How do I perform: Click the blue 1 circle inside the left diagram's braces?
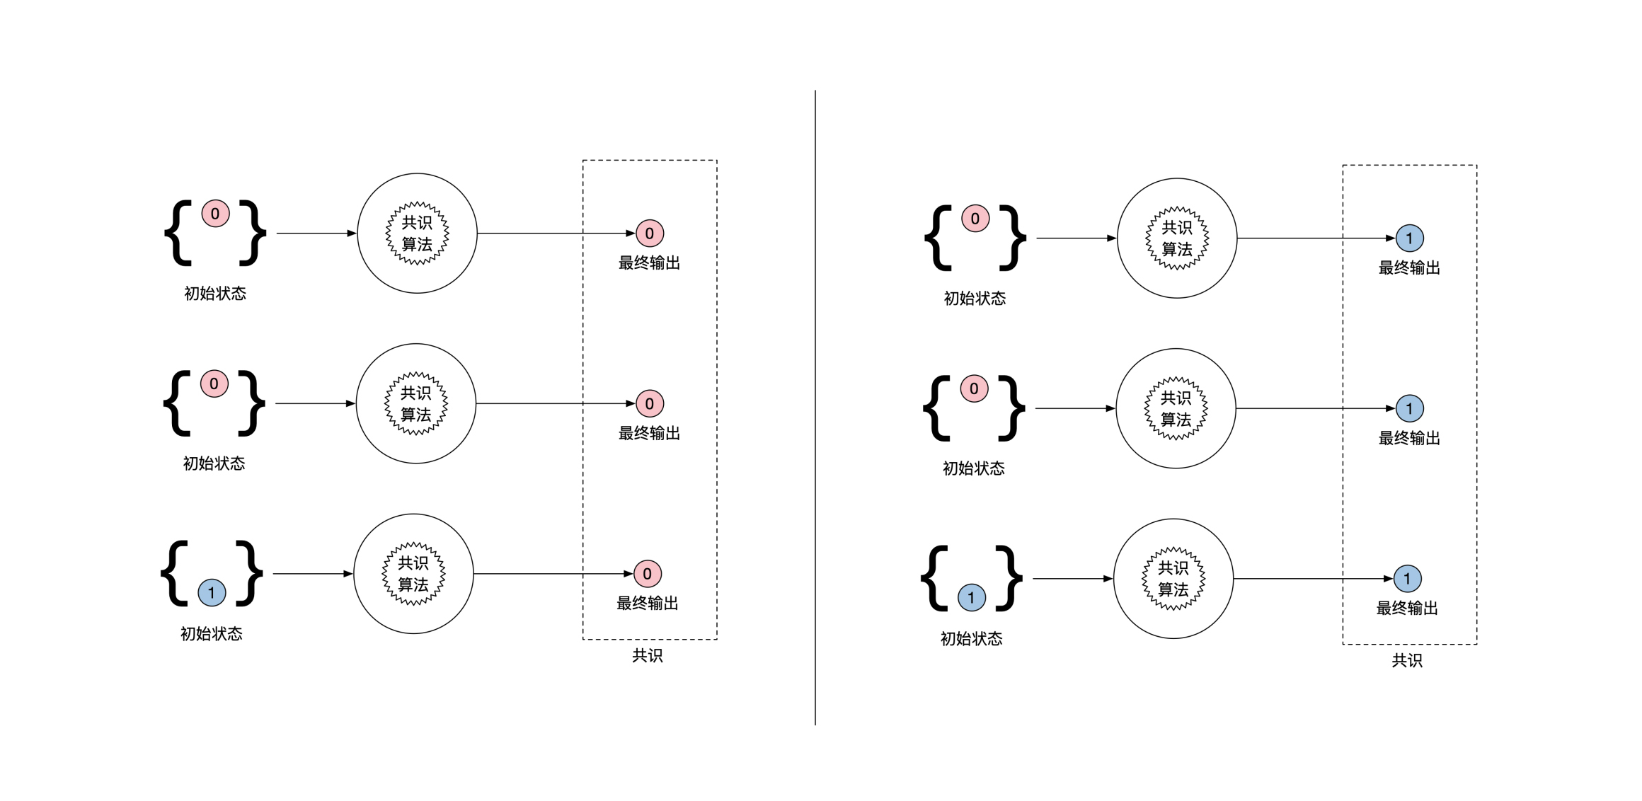(x=212, y=593)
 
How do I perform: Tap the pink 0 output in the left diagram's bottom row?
(x=647, y=574)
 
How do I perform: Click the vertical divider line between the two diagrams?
(x=815, y=407)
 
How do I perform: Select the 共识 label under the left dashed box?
(x=647, y=656)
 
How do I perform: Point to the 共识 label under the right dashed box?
(x=1407, y=661)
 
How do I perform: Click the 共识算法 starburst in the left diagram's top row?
(x=417, y=234)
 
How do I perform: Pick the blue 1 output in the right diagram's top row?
(x=1409, y=238)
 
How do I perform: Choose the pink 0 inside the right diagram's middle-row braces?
(x=974, y=388)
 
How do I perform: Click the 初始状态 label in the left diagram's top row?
(x=215, y=294)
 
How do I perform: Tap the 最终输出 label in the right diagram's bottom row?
(x=1407, y=609)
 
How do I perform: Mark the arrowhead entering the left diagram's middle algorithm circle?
(x=350, y=403)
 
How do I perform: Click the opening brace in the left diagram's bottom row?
(x=176, y=574)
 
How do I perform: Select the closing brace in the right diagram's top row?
(x=1013, y=238)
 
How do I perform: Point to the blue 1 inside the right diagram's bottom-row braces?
(x=971, y=598)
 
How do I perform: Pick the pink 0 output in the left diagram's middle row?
(x=649, y=404)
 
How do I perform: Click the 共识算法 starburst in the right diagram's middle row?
(x=1176, y=408)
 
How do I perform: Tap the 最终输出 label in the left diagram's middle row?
(x=649, y=434)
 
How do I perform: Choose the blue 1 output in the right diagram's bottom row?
(x=1407, y=579)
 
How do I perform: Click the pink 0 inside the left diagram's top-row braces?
(x=215, y=214)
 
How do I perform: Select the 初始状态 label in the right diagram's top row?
(x=975, y=299)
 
